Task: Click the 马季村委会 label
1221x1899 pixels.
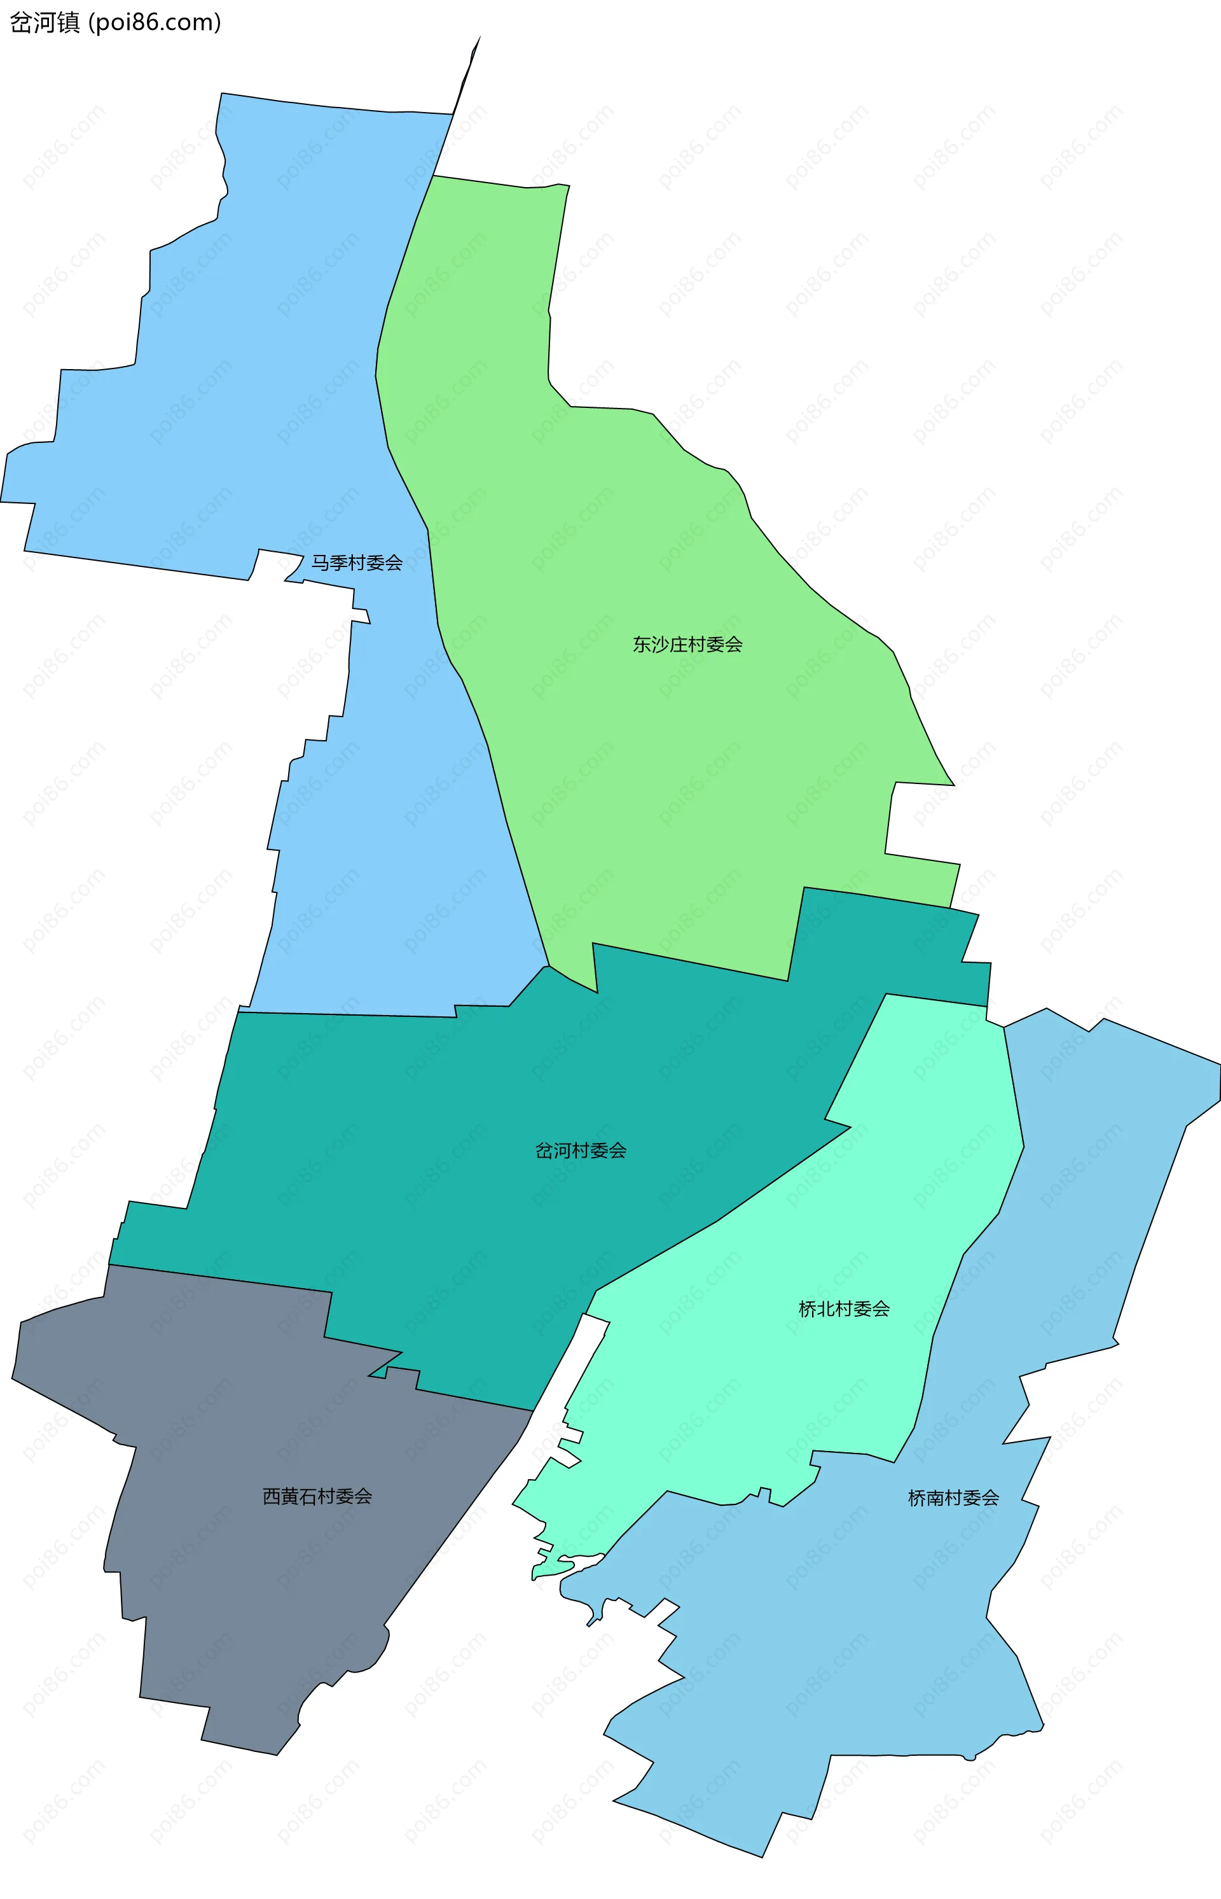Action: coord(356,563)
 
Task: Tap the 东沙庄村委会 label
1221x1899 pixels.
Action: coord(687,645)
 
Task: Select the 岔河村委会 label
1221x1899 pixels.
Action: coord(581,1151)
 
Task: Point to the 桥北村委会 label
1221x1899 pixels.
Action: coord(844,1309)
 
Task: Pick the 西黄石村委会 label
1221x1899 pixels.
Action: coord(317,1497)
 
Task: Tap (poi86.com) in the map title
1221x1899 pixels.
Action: coord(155,23)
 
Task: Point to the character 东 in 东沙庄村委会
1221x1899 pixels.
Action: coord(642,645)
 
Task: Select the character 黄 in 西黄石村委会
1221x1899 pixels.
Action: coord(290,1497)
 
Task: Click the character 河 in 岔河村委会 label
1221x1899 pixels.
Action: coord(562,1151)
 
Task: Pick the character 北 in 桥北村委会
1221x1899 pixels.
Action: coord(825,1309)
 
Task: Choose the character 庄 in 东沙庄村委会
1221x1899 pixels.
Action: coord(679,645)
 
